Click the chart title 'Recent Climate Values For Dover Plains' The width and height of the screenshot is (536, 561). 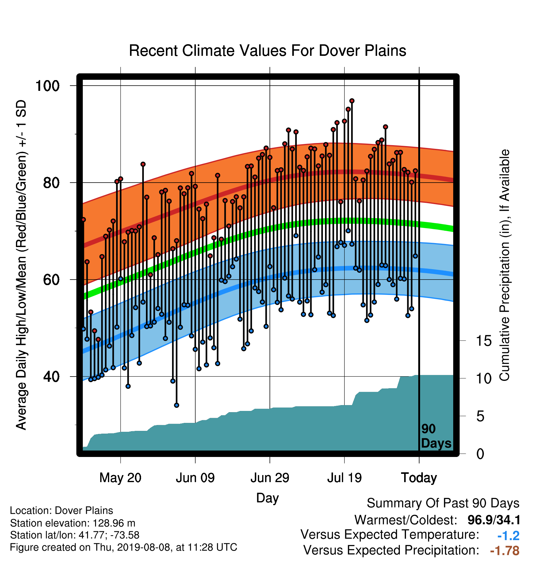[x=267, y=51]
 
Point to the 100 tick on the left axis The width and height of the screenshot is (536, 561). [x=47, y=86]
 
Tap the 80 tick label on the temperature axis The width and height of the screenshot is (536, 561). [x=51, y=183]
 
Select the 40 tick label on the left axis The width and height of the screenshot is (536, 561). [x=51, y=377]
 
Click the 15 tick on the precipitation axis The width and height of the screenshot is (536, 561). [x=484, y=341]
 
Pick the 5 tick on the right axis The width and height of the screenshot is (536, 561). [x=480, y=416]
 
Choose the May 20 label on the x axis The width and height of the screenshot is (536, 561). [x=121, y=478]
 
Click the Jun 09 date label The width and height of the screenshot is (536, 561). [x=195, y=478]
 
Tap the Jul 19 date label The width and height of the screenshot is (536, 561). [x=344, y=478]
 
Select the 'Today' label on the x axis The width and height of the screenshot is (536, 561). [x=419, y=478]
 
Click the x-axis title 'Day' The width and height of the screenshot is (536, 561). [x=267, y=498]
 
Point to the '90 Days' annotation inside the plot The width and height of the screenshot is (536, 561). [x=436, y=436]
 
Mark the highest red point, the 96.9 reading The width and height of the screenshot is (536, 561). [x=352, y=101]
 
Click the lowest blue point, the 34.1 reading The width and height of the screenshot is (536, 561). [x=177, y=405]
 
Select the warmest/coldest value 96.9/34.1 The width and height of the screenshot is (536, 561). [x=494, y=520]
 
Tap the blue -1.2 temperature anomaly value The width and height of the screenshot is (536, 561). [x=508, y=536]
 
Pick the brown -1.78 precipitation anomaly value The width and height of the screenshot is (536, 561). [x=505, y=551]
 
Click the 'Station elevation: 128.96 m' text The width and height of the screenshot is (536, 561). [x=73, y=523]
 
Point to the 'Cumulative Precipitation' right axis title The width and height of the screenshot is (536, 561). [x=504, y=265]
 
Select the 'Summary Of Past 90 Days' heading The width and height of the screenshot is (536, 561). [x=443, y=503]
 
